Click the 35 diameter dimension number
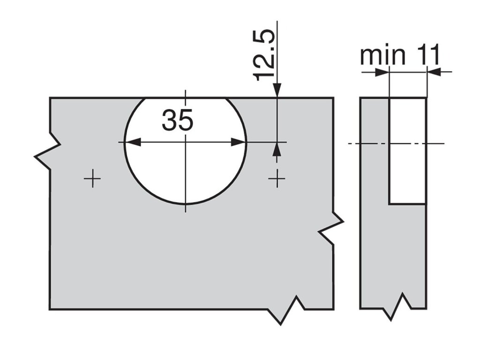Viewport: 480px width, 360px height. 177,120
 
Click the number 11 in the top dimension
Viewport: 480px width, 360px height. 427,56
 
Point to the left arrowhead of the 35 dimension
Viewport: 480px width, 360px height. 130,142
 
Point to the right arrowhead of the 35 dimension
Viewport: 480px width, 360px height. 240,142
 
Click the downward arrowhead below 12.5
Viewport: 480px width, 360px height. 277,91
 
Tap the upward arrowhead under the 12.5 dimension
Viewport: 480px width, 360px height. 277,149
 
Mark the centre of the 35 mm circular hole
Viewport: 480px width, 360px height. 186,142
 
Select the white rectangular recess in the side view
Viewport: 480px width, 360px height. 407,150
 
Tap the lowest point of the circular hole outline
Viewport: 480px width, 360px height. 186,204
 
